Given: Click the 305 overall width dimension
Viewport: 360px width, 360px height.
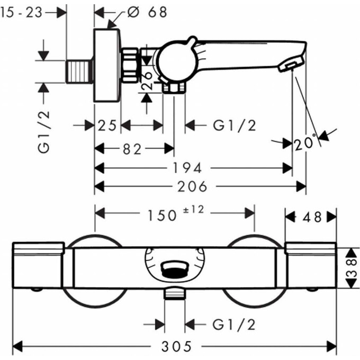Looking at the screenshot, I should tap(176, 347).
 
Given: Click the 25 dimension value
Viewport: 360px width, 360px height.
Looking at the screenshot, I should tap(107, 125).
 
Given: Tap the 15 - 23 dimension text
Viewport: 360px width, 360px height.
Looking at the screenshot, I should tap(21, 12).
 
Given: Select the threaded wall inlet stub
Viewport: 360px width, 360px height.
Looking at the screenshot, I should tap(80, 71).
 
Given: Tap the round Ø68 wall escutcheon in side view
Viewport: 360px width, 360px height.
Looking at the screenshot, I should tap(107, 66).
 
